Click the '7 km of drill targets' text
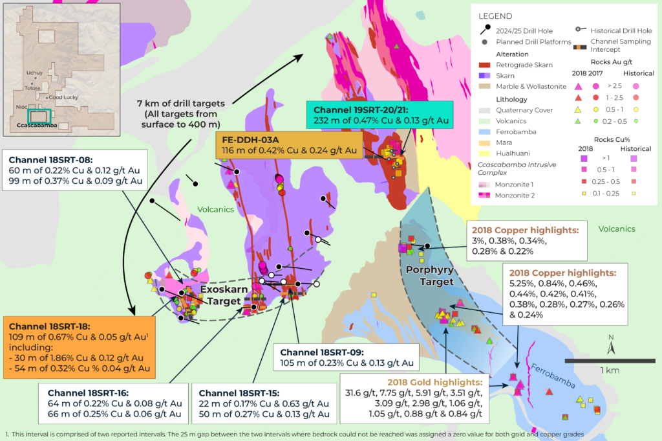click(180, 104)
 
